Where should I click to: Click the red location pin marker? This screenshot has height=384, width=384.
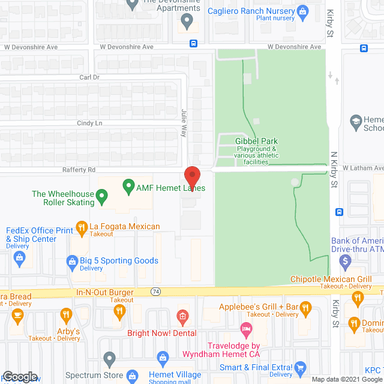(192, 177)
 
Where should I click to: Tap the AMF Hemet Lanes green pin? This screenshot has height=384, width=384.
(128, 187)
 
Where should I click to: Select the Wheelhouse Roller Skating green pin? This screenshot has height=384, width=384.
(102, 195)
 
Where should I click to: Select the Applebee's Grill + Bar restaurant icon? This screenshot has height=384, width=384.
(305, 309)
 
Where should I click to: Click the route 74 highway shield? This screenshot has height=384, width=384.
(155, 292)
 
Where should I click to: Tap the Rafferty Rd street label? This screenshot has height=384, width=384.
(79, 170)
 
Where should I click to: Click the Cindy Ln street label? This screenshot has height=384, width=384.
(91, 123)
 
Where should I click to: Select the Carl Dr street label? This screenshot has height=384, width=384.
(89, 77)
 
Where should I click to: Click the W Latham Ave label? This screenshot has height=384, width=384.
(363, 168)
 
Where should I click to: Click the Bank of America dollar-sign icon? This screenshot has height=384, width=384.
(345, 261)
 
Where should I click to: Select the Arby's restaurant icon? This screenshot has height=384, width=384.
(66, 314)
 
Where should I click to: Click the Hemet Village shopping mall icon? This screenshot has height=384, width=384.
(162, 359)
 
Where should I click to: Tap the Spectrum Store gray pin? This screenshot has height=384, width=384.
(109, 359)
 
